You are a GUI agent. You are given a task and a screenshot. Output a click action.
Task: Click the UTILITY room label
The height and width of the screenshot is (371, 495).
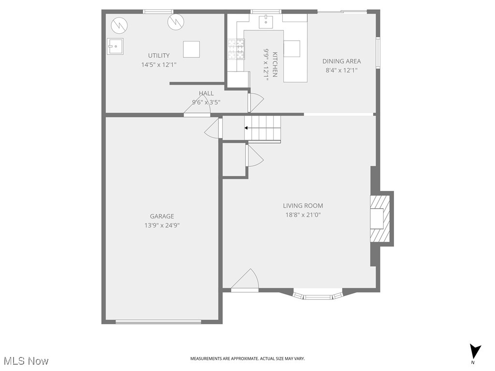[x=159, y=56]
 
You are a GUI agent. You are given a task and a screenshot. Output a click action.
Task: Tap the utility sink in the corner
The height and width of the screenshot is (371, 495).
[x=115, y=46]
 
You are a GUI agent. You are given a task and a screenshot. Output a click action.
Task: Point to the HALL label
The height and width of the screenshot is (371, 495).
[x=206, y=93]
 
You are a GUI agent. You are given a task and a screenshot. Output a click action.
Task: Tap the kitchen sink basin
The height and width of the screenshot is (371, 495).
[x=265, y=21]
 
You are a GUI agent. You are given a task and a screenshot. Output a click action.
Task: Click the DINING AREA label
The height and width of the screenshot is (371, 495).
[x=341, y=61]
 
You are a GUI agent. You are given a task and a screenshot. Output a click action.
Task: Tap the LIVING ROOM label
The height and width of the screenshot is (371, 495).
[x=303, y=206]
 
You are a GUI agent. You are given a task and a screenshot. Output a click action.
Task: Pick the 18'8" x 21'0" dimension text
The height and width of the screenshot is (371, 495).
[x=303, y=215]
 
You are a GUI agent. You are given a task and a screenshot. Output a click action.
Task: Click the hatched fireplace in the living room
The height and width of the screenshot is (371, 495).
[x=380, y=218]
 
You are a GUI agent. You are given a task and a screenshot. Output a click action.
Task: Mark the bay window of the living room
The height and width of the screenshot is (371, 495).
[x=318, y=296]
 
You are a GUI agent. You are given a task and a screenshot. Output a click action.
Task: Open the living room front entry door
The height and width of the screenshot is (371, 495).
[x=245, y=281]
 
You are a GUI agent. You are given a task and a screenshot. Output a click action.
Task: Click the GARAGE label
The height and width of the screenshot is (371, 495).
[x=161, y=216]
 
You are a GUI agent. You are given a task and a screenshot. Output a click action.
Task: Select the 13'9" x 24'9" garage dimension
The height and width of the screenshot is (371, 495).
[x=161, y=225]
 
